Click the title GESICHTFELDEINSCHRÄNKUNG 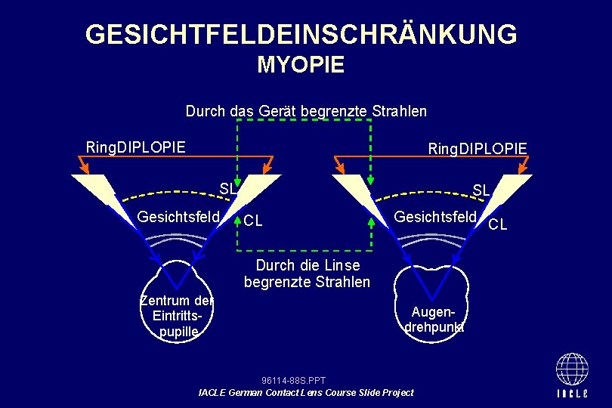301,35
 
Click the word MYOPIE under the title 301,65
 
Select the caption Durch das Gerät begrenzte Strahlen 306,111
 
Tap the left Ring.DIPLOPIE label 135,147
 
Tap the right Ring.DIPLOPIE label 478,147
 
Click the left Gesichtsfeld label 178,218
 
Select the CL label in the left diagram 253,221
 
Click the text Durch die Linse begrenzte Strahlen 307,274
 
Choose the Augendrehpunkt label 434,319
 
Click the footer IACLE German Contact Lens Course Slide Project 305,392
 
